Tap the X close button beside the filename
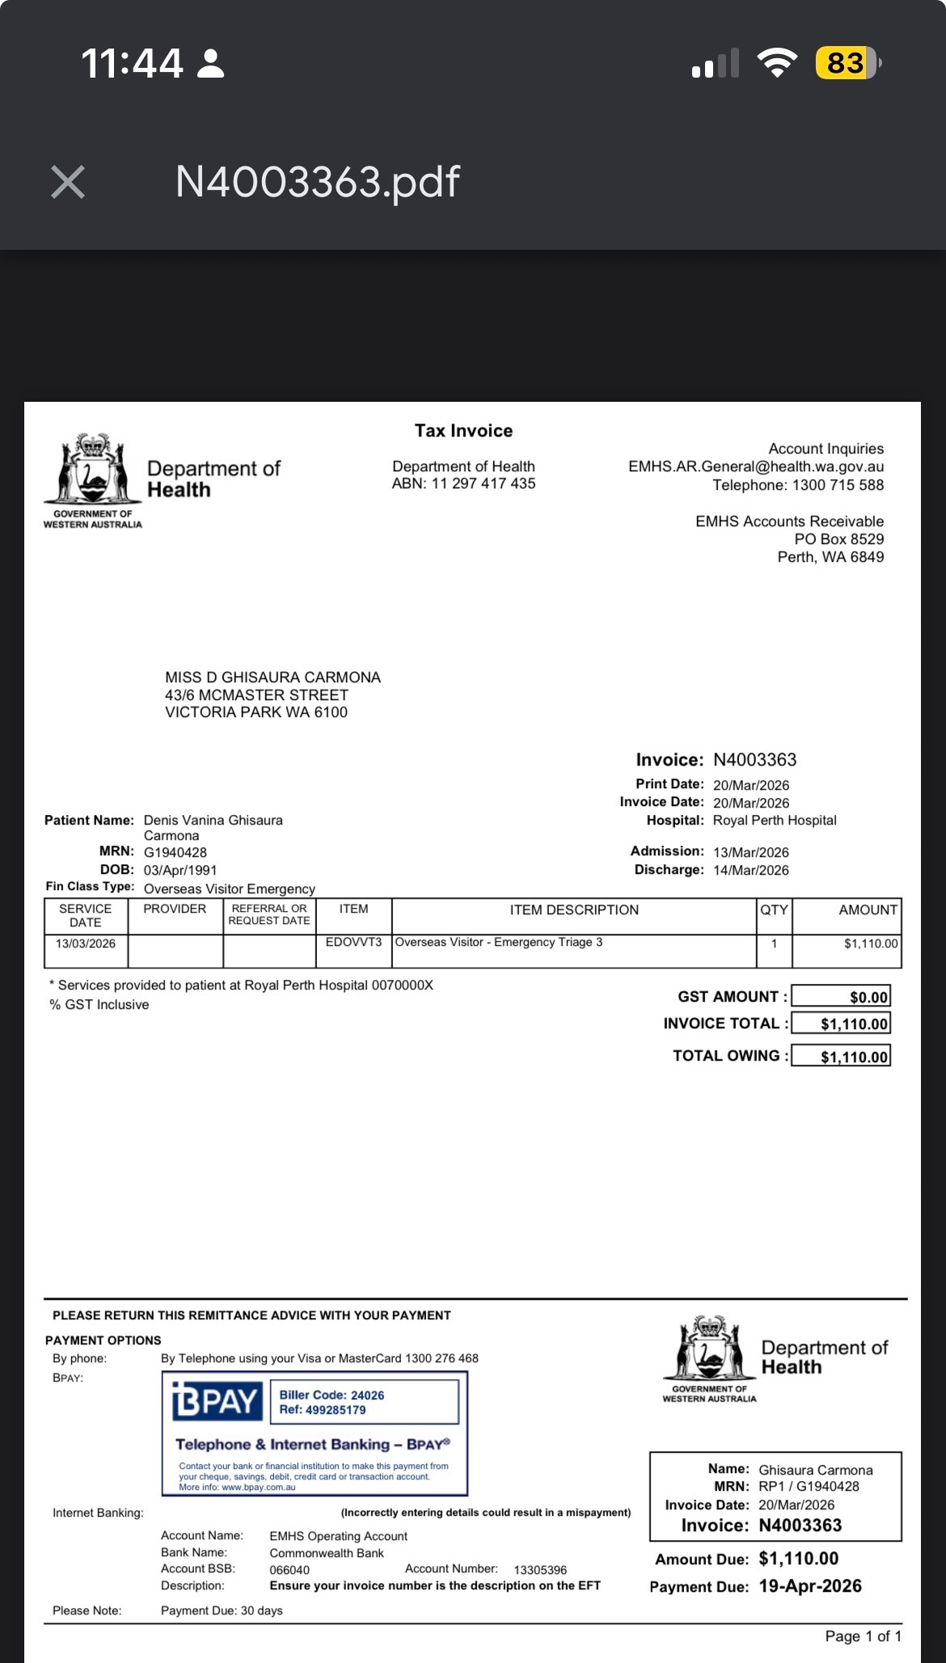(x=68, y=182)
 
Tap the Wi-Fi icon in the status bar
(x=777, y=63)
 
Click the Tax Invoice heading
(x=463, y=431)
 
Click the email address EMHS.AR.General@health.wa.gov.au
(x=756, y=466)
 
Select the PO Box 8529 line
(x=838, y=539)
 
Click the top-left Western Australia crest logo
(x=93, y=471)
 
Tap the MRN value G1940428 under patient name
(x=175, y=852)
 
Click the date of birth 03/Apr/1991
(x=180, y=870)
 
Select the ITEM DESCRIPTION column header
(x=574, y=910)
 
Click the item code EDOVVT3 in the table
(x=353, y=943)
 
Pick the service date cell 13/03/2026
(x=86, y=943)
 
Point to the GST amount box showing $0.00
(x=841, y=997)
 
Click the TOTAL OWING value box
(x=841, y=1056)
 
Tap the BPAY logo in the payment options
(x=216, y=1401)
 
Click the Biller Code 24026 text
(x=332, y=1395)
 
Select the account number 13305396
(x=540, y=1570)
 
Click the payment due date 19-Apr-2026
(x=810, y=1586)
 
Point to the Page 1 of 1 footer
(x=863, y=1636)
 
